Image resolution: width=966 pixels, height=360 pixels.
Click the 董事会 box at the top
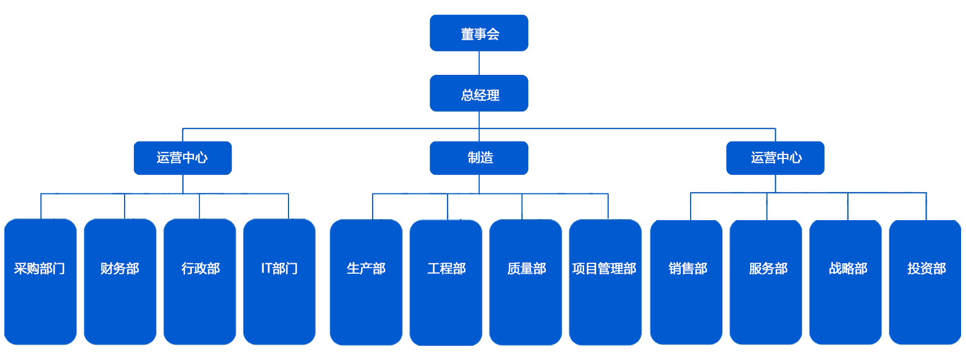click(x=479, y=33)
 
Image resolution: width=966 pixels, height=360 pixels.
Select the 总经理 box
click(x=479, y=93)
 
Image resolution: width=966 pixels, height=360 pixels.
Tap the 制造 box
click(x=479, y=158)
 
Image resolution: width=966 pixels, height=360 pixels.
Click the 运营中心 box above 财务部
click(x=182, y=158)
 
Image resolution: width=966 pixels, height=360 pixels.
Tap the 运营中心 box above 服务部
click(x=775, y=158)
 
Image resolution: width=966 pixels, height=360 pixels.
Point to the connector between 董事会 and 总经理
click(x=479, y=63)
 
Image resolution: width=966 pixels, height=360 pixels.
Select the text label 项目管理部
click(x=604, y=268)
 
